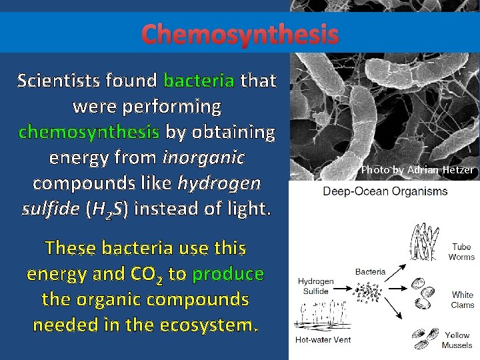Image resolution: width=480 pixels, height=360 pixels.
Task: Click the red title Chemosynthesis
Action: pos(240,33)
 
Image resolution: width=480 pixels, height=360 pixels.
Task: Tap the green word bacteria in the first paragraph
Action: pos(199,81)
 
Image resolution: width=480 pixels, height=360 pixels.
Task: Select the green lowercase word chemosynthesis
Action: pos(89,132)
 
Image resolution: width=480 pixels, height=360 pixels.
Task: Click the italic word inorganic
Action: pos(203,158)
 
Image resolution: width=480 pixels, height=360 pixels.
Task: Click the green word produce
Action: pos(228,274)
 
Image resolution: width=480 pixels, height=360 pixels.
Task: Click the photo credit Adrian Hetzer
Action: pos(417,170)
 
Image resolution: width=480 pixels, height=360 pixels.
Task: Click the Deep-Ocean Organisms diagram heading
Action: pos(385,191)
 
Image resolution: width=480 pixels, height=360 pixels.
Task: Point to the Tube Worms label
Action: pos(461,252)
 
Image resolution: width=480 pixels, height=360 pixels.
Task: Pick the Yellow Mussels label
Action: pos(457,340)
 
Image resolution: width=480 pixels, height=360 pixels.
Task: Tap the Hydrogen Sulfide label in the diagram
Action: pos(315,286)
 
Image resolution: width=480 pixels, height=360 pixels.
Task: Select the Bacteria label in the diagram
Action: pos(370,272)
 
